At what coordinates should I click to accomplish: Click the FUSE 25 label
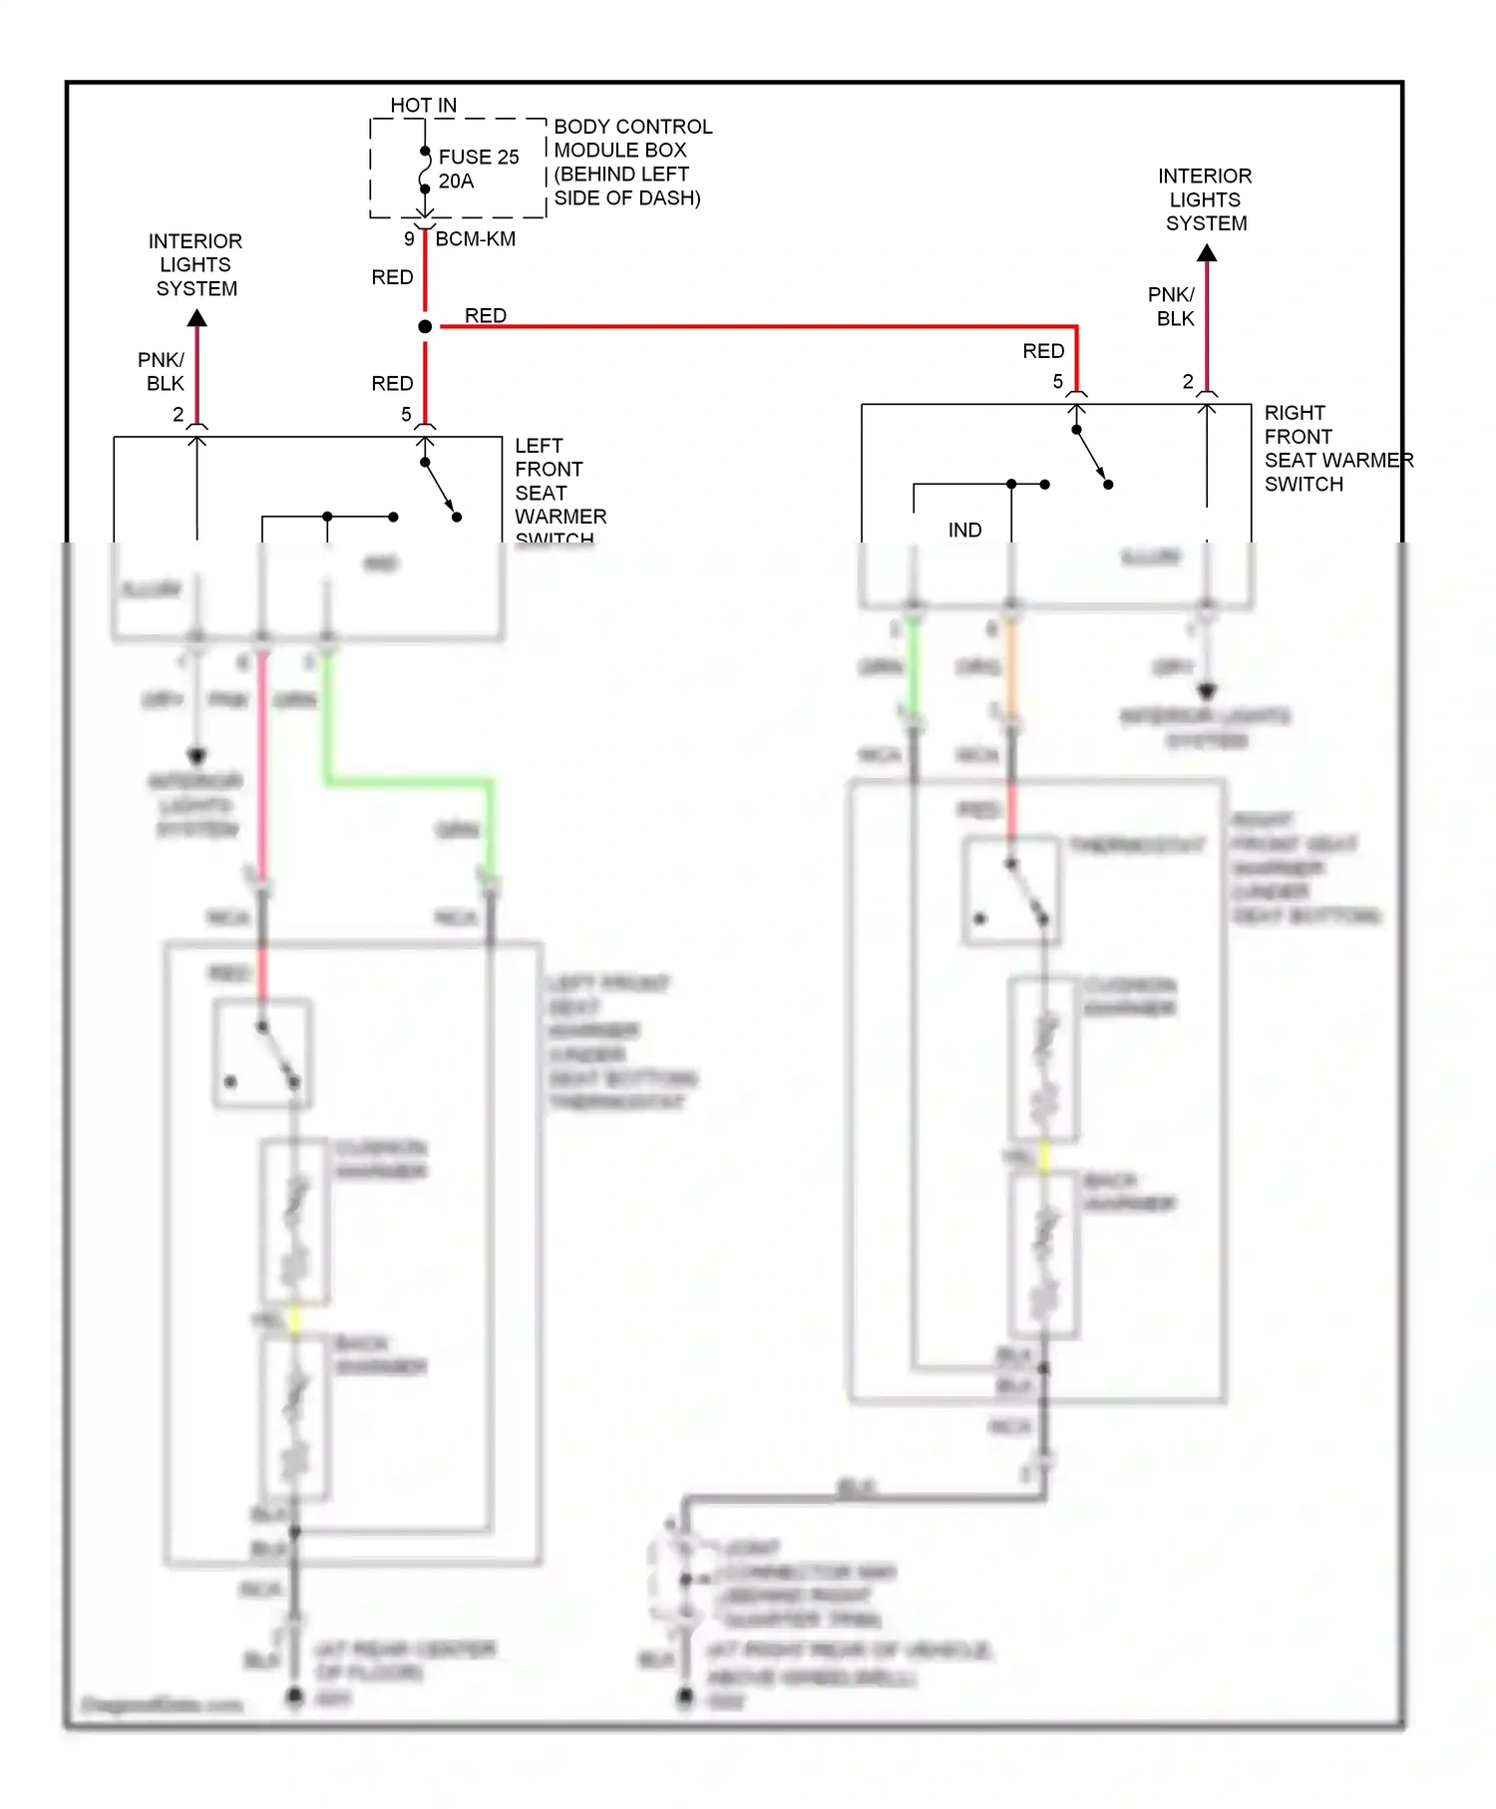click(x=479, y=158)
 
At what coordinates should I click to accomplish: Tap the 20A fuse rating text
click(x=456, y=181)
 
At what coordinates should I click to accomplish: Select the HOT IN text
click(x=423, y=105)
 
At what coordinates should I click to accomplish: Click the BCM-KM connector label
click(x=476, y=239)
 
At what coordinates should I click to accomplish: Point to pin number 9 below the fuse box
click(x=409, y=239)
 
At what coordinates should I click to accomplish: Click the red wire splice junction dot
click(x=425, y=326)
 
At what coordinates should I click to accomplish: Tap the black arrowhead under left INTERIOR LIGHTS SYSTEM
click(x=197, y=318)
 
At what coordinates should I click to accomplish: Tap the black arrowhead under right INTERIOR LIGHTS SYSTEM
click(x=1207, y=253)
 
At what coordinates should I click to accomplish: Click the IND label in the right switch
click(x=964, y=531)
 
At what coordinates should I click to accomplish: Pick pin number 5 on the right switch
click(x=1058, y=382)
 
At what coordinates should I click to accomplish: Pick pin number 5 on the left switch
click(x=406, y=415)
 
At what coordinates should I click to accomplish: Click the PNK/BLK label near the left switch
click(x=162, y=371)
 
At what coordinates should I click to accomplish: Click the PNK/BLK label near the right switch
click(x=1172, y=306)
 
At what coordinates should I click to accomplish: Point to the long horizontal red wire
click(x=758, y=326)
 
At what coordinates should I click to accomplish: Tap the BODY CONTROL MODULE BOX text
click(x=632, y=162)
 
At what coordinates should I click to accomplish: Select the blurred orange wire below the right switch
click(x=1010, y=668)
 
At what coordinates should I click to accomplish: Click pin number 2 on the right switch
click(x=1188, y=382)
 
